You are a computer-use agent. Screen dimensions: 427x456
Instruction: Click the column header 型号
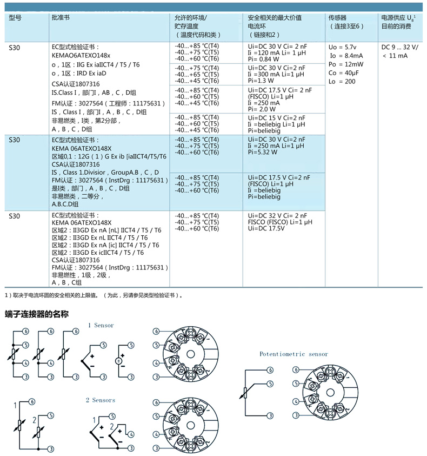(x=15, y=18)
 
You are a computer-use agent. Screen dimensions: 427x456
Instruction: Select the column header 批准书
(x=61, y=17)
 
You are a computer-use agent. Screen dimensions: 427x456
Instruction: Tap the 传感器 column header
(x=337, y=18)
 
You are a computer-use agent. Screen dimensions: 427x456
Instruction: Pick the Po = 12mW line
(x=346, y=64)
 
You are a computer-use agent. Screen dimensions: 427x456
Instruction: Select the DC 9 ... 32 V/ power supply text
(x=399, y=47)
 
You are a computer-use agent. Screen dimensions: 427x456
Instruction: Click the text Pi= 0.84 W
(x=263, y=59)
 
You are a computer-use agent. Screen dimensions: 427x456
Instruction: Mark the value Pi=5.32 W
(x=263, y=152)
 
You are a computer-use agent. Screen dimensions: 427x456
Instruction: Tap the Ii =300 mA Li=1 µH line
(x=276, y=74)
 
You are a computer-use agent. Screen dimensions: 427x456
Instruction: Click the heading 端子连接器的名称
(x=37, y=314)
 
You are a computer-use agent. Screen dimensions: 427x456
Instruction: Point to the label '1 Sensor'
(x=101, y=325)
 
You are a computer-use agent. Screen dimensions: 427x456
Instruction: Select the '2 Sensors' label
(x=101, y=400)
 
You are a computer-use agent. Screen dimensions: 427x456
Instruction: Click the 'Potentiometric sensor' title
(x=293, y=354)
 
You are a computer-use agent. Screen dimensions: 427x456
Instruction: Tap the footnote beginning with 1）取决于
(x=94, y=295)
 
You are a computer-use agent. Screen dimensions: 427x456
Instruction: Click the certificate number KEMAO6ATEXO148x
(x=81, y=56)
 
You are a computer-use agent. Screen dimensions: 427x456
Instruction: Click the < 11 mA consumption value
(x=395, y=56)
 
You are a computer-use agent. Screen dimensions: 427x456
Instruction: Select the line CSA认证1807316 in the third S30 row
(x=76, y=260)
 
